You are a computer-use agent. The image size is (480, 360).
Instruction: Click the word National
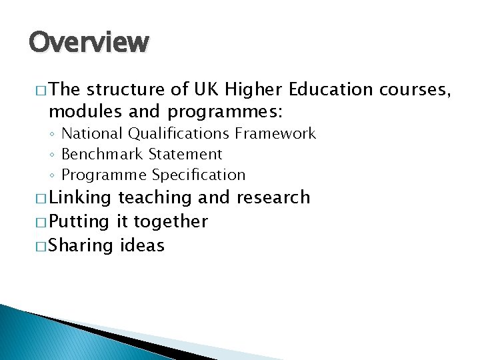point(92,133)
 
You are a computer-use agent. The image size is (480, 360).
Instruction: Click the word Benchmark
point(102,154)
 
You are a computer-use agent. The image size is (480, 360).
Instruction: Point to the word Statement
point(185,154)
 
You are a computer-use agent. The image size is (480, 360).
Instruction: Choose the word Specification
point(199,175)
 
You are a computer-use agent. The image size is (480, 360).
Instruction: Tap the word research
point(273,197)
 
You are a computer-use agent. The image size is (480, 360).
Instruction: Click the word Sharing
point(81,246)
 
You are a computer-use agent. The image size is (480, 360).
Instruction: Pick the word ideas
point(142,245)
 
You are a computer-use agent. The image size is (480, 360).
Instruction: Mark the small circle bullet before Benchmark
point(52,155)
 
